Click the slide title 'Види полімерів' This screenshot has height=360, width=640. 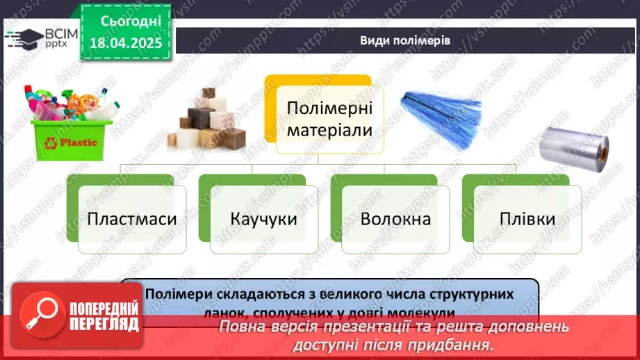(405, 40)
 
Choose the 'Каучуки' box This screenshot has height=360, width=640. (264, 220)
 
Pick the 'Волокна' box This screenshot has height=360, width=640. (395, 220)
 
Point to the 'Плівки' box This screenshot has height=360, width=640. (527, 220)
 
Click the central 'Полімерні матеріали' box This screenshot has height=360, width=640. (329, 119)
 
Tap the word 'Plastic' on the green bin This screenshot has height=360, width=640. (83, 143)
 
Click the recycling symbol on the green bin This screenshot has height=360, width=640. (51, 143)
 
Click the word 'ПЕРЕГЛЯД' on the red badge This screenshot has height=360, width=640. (105, 324)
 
